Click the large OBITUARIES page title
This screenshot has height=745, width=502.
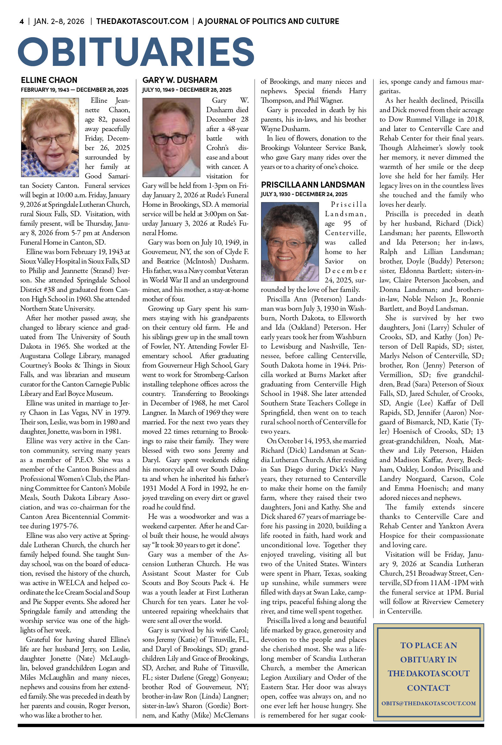[136, 52]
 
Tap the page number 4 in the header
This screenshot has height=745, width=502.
[21, 21]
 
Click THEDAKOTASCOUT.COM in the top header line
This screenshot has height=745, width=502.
[142, 21]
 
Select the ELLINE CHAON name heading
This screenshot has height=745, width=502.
[49, 80]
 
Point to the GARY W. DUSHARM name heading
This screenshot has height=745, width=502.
[180, 80]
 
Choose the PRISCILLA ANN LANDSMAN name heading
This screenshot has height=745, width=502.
[312, 184]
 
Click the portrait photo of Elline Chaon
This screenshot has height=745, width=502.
[50, 137]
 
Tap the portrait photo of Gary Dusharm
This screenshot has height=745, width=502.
[171, 137]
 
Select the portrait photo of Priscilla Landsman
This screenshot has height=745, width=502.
[290, 242]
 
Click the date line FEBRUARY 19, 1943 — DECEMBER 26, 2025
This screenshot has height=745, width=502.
[74, 90]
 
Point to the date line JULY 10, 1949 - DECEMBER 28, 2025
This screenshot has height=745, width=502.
[187, 90]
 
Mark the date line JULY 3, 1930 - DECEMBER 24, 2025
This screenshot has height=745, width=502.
[304, 194]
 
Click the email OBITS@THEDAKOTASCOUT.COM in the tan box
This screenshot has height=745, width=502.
[428, 703]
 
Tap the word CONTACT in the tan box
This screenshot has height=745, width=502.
[428, 688]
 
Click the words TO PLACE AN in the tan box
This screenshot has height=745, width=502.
[428, 645]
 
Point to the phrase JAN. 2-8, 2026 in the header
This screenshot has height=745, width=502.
[59, 21]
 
